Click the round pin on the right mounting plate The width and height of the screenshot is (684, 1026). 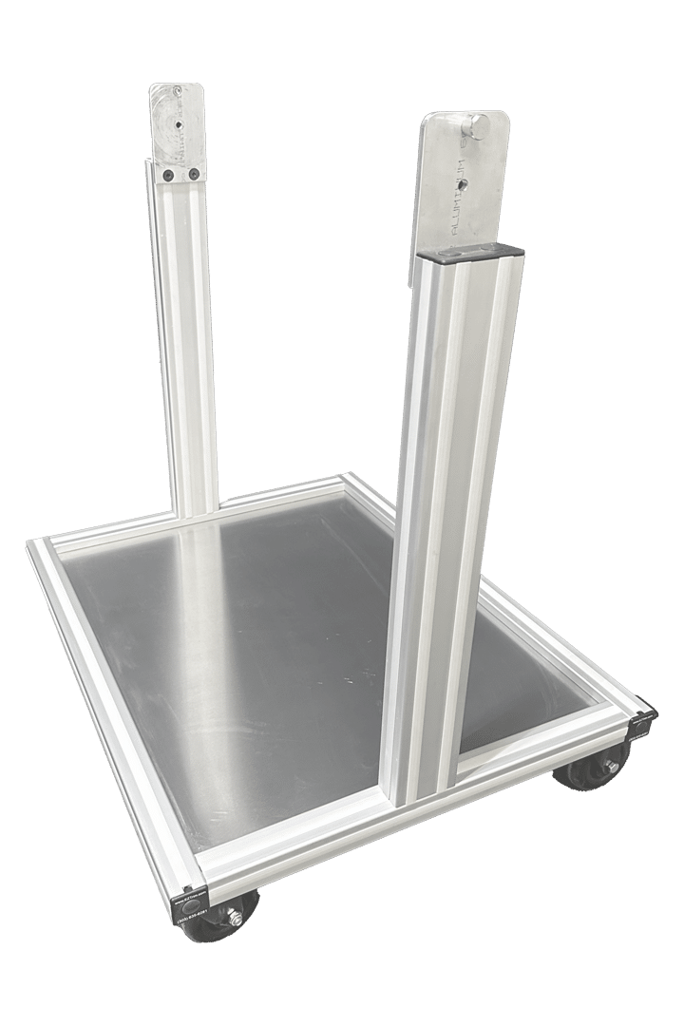[x=477, y=124]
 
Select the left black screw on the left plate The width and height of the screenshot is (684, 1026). [x=168, y=175]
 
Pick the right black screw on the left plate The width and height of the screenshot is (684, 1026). [x=194, y=174]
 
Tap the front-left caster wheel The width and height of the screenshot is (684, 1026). [x=220, y=918]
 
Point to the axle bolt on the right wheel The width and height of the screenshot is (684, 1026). [x=611, y=766]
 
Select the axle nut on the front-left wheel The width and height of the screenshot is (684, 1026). [x=233, y=918]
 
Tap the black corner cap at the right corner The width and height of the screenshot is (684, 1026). [x=644, y=722]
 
